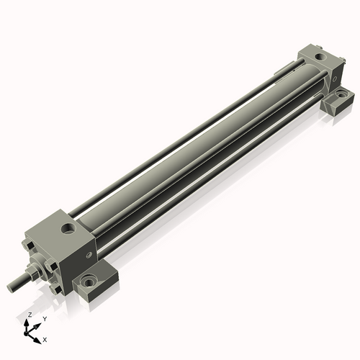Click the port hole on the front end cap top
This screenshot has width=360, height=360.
click(x=68, y=228)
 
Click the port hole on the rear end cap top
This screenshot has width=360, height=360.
click(x=320, y=57)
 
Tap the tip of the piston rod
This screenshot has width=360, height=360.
click(x=10, y=287)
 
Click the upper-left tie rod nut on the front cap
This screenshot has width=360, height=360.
click(x=30, y=246)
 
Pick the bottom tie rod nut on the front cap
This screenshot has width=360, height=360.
click(x=57, y=289)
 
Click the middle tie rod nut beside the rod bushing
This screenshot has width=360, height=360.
click(x=51, y=266)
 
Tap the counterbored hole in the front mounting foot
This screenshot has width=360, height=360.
click(x=89, y=281)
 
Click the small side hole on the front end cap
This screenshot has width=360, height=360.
click(x=89, y=255)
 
